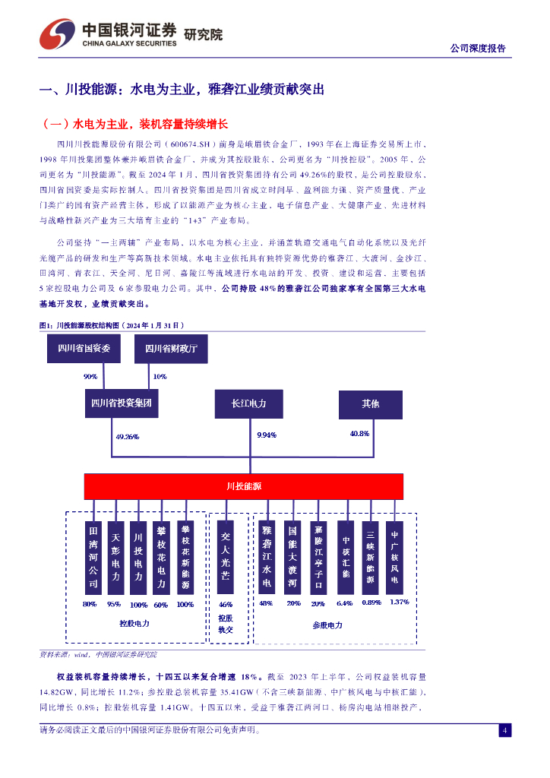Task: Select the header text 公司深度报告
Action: pos(477,48)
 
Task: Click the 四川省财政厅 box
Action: pos(171,349)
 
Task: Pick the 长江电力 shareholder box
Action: pos(249,404)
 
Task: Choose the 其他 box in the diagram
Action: pos(370,404)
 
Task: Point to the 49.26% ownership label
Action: pos(128,437)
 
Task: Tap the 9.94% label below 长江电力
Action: pos(267,435)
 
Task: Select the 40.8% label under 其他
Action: pos(359,433)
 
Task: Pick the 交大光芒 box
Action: pos(225,557)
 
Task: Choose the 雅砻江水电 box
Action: pos(267,557)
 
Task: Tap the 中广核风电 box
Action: pos(394,557)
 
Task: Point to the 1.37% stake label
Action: pos(398,602)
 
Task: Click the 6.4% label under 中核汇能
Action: pos(344,603)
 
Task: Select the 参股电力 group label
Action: pos(327,625)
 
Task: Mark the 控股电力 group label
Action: pos(134,624)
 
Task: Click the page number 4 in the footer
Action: pos(504,731)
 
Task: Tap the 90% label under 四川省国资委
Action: pos(90,376)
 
